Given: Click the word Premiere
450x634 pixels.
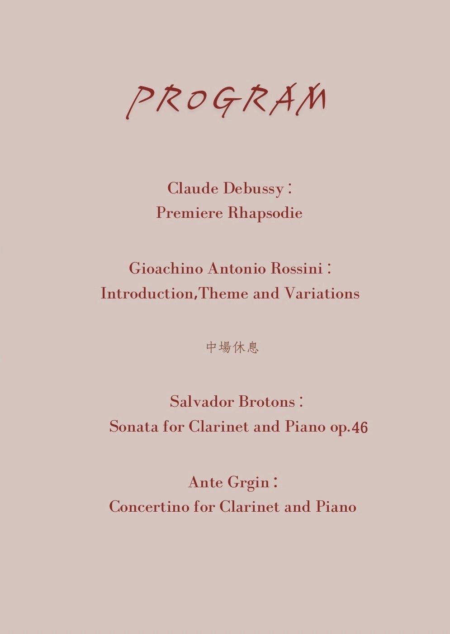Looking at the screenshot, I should coord(189,212).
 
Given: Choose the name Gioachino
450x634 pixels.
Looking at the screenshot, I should coord(166,269).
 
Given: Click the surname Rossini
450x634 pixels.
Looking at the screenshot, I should coord(296,269).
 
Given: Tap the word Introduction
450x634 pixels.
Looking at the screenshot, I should coord(147,293).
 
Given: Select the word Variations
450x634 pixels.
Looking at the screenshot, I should coord(322,293).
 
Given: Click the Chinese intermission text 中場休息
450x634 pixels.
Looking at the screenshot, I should coord(232,347).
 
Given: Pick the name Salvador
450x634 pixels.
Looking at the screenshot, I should coord(202,402).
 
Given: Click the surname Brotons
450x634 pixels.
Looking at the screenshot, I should coord(266,402).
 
